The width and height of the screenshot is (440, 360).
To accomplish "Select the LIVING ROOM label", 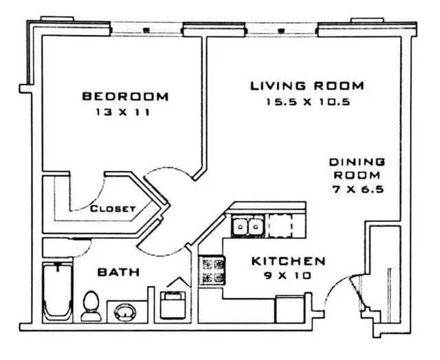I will click(x=307, y=86).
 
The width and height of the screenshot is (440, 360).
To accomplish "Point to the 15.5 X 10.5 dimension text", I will click(x=307, y=102).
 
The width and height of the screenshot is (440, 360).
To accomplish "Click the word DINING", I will click(x=357, y=162).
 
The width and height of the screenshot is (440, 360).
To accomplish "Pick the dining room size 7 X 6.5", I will click(x=357, y=190).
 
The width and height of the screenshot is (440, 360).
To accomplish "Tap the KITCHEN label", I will click(x=287, y=261).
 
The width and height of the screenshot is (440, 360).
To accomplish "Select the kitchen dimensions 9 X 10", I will click(x=287, y=276).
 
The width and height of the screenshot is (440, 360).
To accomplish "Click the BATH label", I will click(x=119, y=272).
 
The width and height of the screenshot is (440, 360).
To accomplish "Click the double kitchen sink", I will click(x=247, y=225).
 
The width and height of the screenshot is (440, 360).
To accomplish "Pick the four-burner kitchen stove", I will click(x=212, y=270).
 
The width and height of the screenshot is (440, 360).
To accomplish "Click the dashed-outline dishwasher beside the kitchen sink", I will click(x=282, y=225).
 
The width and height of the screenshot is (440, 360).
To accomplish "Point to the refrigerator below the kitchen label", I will click(x=289, y=308).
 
